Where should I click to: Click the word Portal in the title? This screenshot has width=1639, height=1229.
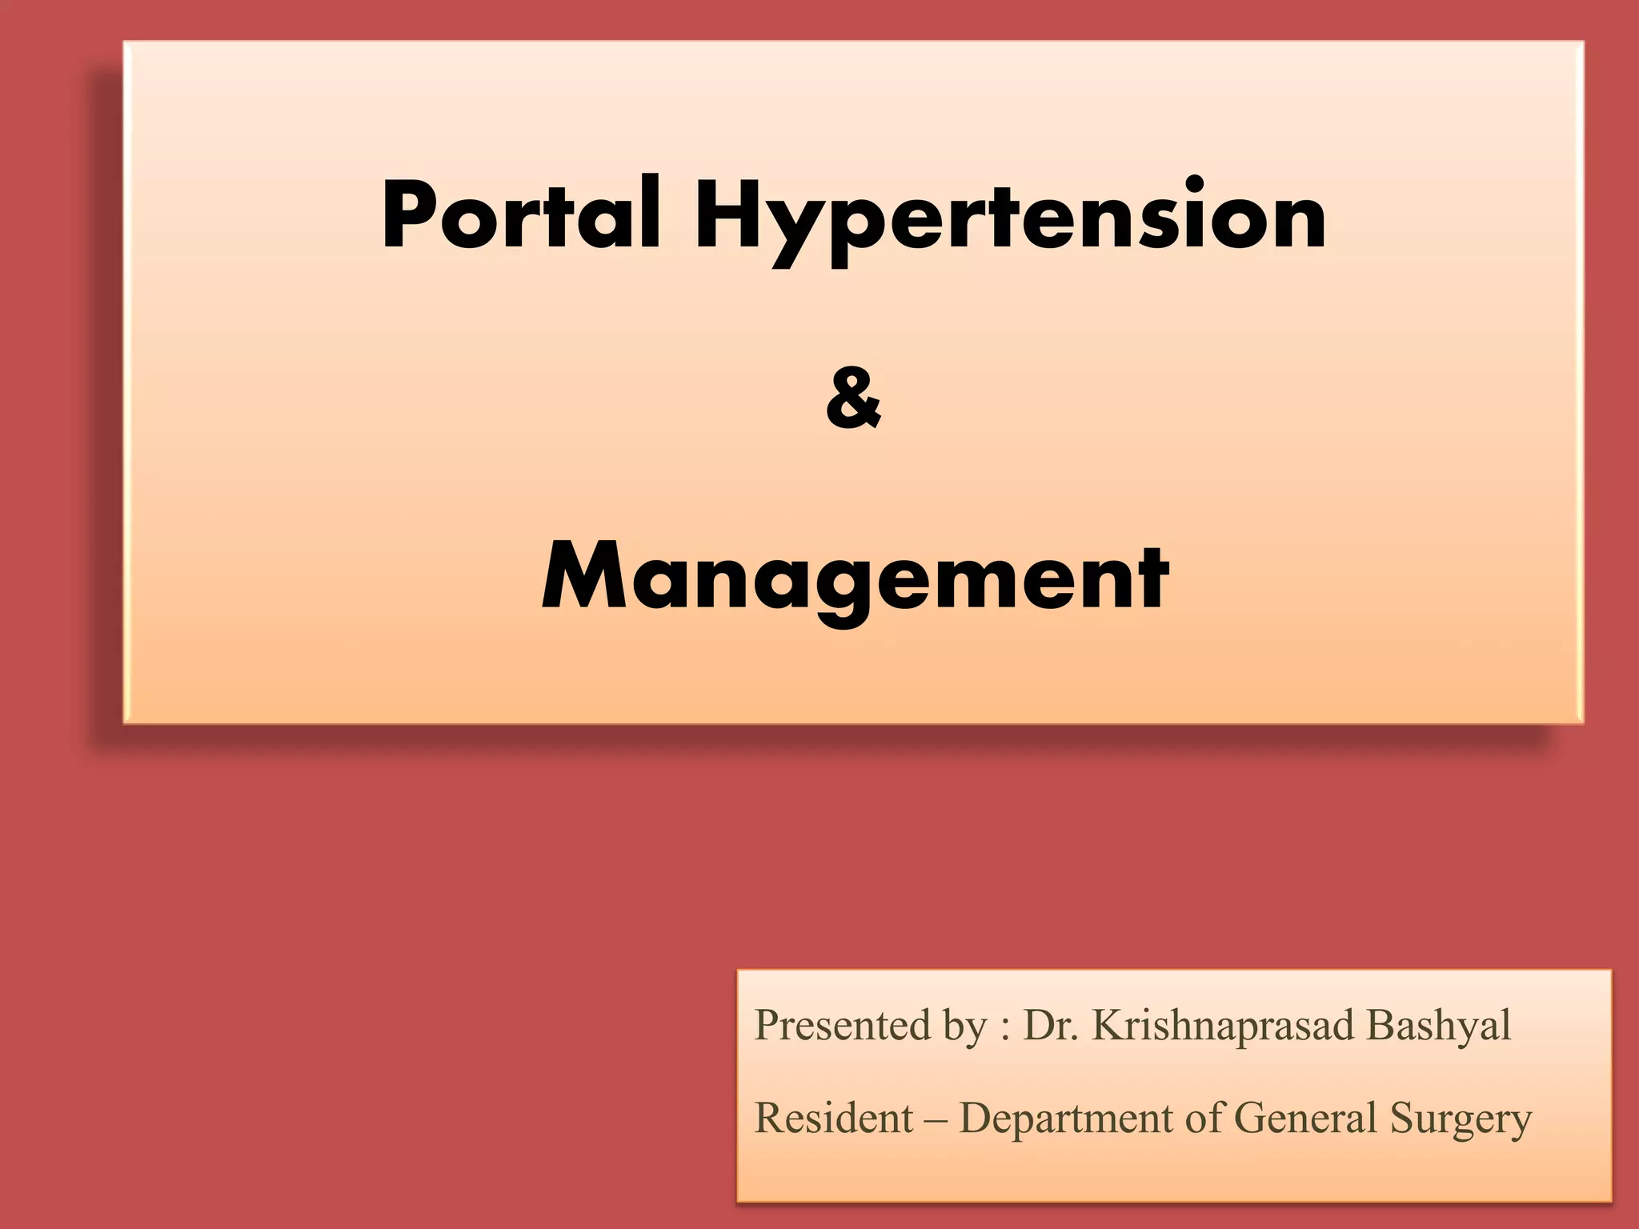[x=521, y=214]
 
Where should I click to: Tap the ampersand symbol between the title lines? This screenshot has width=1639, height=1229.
[x=853, y=398]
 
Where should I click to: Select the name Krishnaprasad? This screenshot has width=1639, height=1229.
[x=1223, y=1027]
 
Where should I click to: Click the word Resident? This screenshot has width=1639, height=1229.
[x=833, y=1118]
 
